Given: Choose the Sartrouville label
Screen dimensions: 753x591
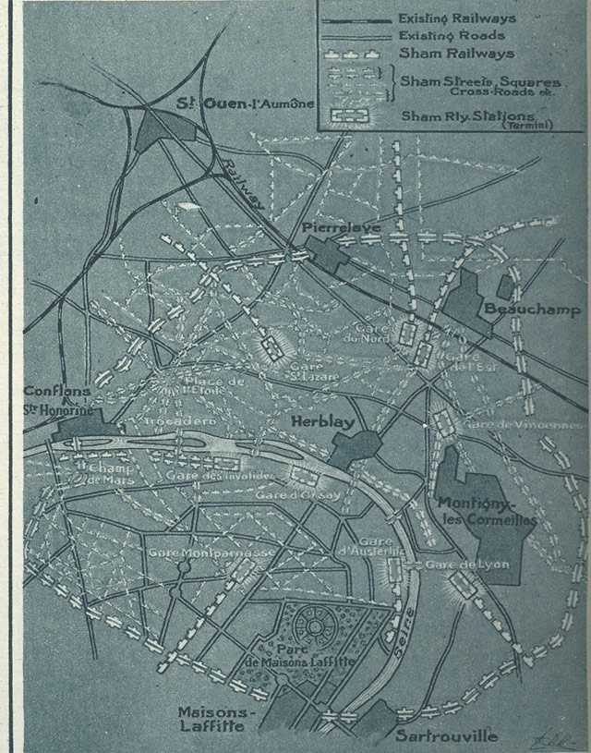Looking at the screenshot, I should point(446,735).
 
